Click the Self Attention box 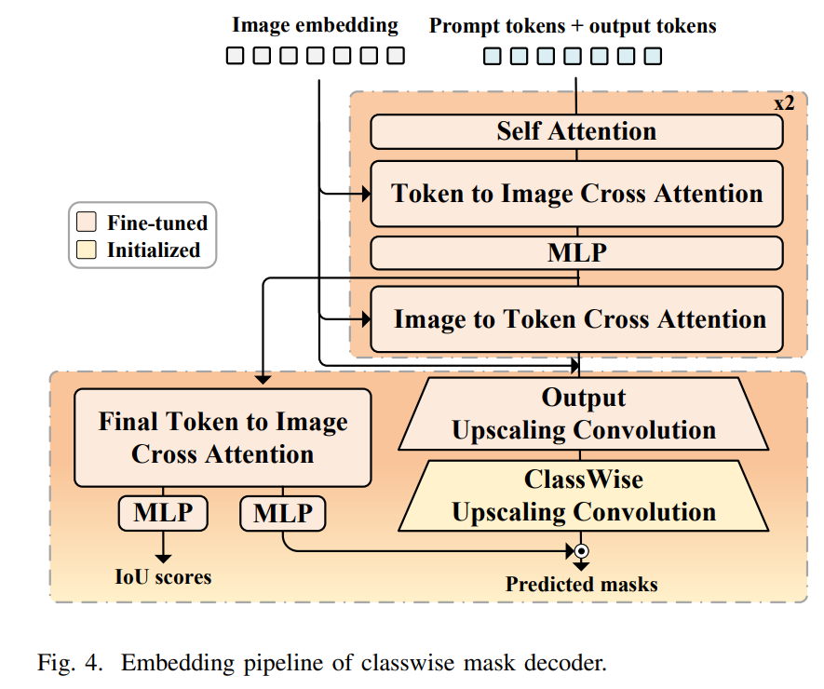point(576,131)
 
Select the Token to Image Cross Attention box point(576,194)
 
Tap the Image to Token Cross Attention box point(576,319)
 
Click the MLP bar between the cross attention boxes point(576,253)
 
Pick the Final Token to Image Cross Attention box point(223,438)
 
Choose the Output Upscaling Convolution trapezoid point(584,414)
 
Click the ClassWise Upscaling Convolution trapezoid point(584,496)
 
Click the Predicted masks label point(582,585)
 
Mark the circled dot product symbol point(582,550)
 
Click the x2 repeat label point(784,102)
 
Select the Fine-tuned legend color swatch point(87,223)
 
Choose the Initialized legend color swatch point(87,250)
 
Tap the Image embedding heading point(315,25)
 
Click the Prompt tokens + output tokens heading point(573,25)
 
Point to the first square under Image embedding point(236,56)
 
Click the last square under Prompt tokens point(654,56)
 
